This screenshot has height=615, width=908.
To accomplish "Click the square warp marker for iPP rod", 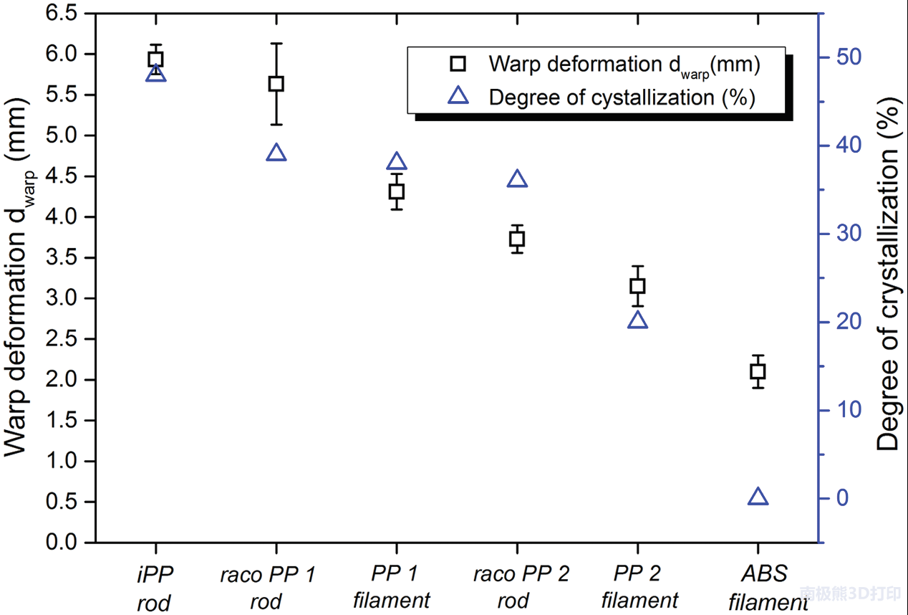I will click(155, 59).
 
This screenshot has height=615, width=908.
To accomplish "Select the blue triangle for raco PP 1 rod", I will click(276, 153).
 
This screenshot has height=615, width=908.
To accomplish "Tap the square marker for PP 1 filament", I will click(397, 191).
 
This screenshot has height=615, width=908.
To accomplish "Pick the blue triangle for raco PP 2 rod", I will click(517, 180).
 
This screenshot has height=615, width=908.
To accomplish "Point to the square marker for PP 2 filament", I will click(637, 286).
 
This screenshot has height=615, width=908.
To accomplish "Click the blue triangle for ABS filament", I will click(758, 497).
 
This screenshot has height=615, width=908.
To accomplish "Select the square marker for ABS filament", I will click(758, 371).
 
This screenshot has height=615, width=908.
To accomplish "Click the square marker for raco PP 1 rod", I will click(276, 84).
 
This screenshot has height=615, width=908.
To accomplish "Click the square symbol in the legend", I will click(458, 65).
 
